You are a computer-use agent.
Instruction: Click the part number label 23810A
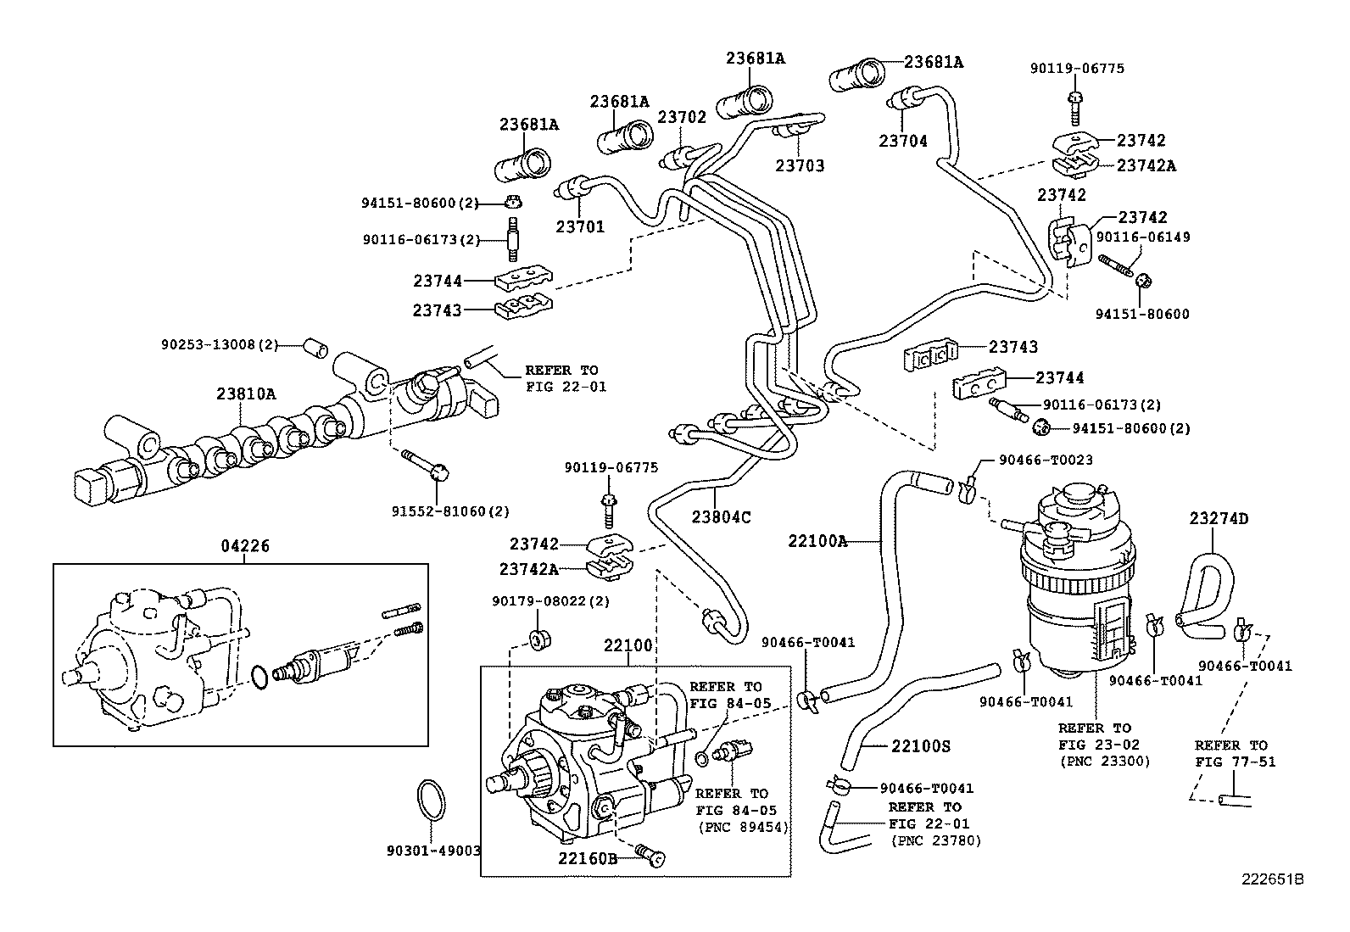[x=245, y=393]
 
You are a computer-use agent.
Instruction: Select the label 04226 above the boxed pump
[x=245, y=547]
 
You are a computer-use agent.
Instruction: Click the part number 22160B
[x=588, y=857]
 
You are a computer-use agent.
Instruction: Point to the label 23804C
[x=721, y=516]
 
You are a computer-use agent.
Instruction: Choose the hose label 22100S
[x=920, y=746]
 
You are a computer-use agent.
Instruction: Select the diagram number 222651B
[x=1272, y=879]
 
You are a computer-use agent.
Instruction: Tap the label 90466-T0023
[x=1046, y=460]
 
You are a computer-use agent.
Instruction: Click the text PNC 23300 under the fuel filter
[x=1104, y=762]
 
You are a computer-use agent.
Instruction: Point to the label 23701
[x=580, y=226]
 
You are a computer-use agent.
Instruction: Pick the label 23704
[x=903, y=142]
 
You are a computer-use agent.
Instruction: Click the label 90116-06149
[x=1143, y=237]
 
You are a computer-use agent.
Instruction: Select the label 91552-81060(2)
[x=450, y=511]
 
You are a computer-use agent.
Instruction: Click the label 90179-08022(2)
[x=550, y=601]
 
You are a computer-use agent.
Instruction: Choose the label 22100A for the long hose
[x=817, y=540]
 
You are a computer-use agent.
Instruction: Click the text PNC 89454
[x=743, y=827]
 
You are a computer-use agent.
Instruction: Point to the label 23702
[x=682, y=118]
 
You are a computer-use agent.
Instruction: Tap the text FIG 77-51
[x=1230, y=762]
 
